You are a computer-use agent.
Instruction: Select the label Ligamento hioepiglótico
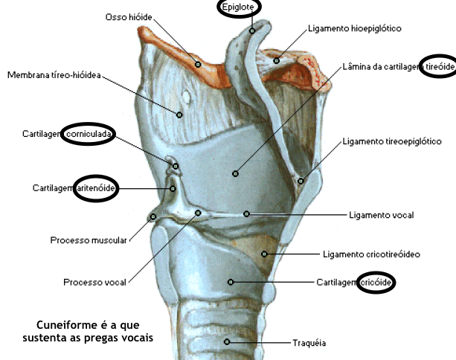(x=354, y=29)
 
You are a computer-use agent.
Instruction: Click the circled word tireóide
(x=437, y=67)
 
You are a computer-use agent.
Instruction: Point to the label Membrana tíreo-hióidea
(x=54, y=75)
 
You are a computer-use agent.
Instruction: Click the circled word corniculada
(x=89, y=134)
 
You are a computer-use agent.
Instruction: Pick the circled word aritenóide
(x=95, y=188)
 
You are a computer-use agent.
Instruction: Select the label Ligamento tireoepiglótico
(x=392, y=141)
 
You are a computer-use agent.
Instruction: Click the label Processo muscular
(x=89, y=240)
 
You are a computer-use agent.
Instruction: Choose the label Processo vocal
(x=94, y=282)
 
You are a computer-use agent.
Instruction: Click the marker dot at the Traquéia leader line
(x=228, y=342)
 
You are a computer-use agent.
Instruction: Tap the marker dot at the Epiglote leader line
(x=253, y=30)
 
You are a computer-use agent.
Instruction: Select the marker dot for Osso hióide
(x=198, y=64)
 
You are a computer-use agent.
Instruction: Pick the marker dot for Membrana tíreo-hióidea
(x=179, y=114)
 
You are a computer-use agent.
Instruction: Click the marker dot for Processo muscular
(x=152, y=218)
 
